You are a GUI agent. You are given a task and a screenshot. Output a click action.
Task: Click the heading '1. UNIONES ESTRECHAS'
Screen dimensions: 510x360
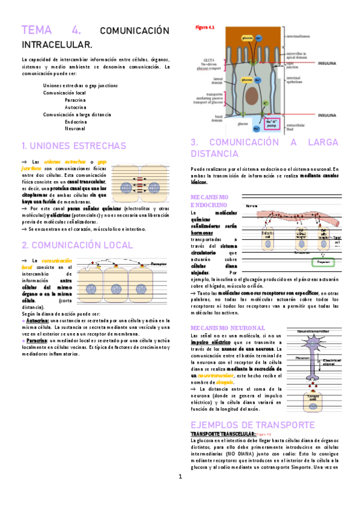(x=73, y=146)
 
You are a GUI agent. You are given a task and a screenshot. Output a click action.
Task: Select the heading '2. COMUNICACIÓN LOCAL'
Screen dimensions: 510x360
(x=77, y=245)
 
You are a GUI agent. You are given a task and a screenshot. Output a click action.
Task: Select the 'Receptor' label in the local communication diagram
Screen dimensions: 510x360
(x=158, y=263)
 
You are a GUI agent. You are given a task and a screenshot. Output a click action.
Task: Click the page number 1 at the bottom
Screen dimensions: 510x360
(x=179, y=494)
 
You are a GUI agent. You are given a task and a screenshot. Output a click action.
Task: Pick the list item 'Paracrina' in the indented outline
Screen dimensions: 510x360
(x=76, y=100)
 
